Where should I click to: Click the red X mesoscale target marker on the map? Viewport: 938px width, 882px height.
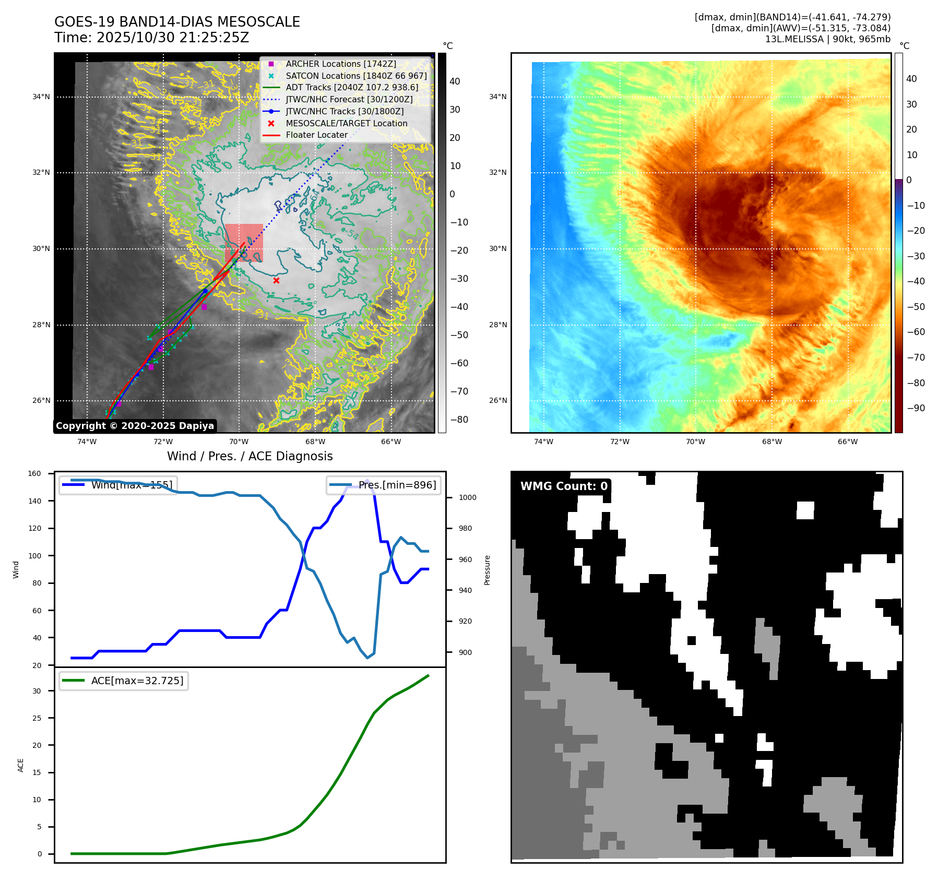click(276, 281)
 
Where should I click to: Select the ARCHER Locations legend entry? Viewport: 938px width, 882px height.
click(340, 64)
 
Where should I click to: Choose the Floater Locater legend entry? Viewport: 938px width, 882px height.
click(316, 135)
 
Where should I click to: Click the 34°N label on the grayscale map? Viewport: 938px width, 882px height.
click(41, 97)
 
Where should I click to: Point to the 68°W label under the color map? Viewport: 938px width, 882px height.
click(771, 442)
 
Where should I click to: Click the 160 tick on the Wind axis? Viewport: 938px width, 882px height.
click(34, 473)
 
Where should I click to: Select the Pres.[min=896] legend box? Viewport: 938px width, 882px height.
click(384, 485)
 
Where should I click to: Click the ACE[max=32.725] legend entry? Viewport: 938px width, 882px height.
click(124, 681)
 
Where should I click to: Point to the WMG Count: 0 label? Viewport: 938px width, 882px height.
click(564, 486)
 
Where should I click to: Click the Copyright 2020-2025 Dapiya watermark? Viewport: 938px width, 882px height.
click(135, 426)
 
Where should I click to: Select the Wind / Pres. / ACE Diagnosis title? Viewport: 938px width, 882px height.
click(250, 456)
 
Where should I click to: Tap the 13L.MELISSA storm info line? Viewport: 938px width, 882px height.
click(827, 39)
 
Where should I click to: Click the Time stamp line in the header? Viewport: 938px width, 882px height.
click(151, 38)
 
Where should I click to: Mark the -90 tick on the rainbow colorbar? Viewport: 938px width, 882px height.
click(916, 408)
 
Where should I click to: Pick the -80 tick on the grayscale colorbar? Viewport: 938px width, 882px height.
click(459, 420)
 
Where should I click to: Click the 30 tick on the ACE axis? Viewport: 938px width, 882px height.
click(37, 691)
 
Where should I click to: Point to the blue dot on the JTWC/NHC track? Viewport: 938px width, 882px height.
click(205, 291)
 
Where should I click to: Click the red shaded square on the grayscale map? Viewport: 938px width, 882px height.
click(244, 243)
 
